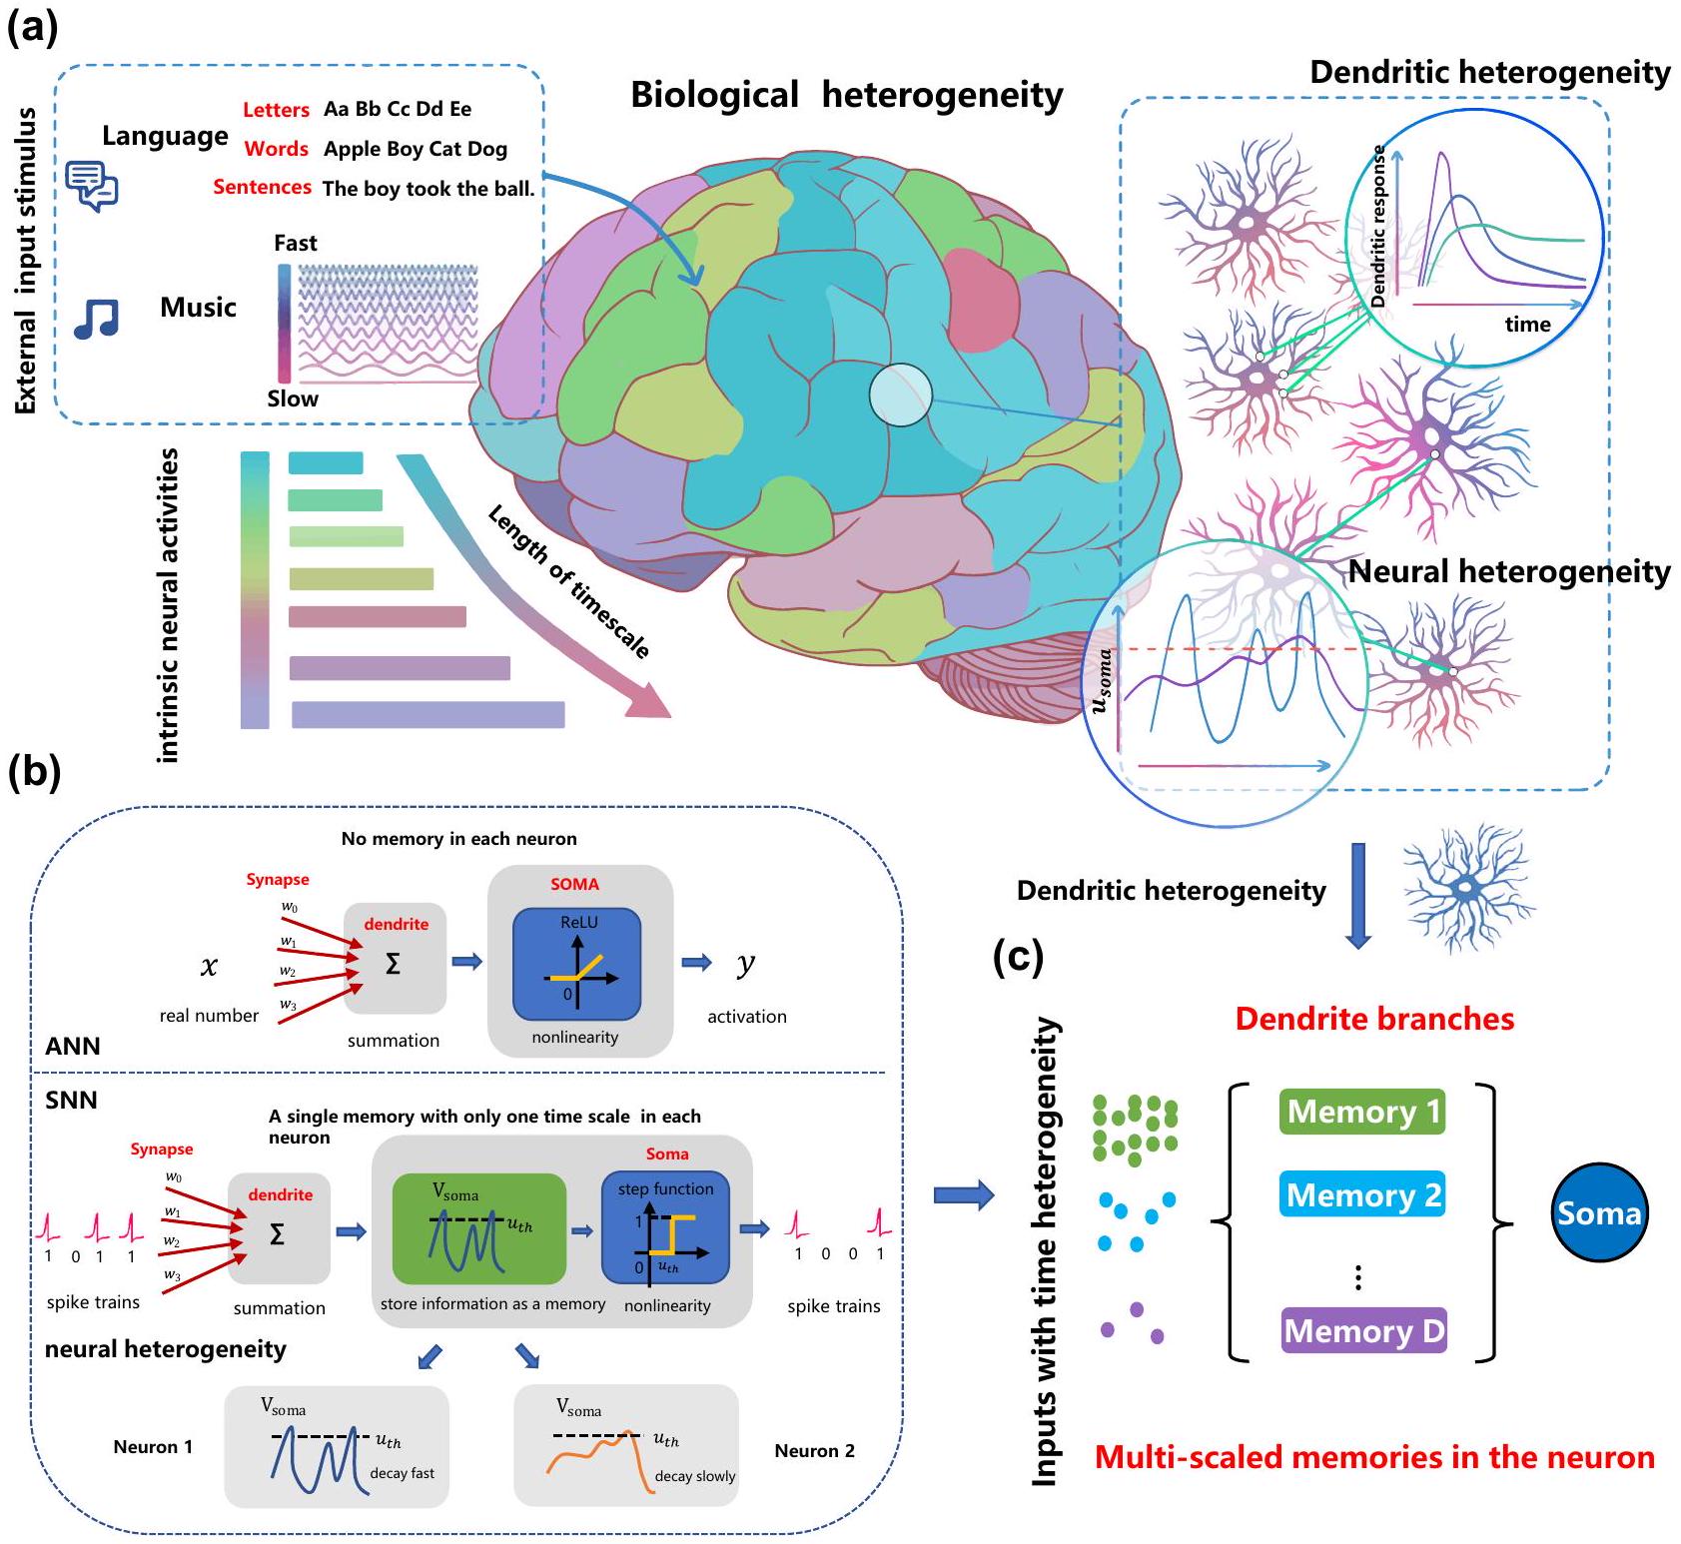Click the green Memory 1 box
click(1362, 1112)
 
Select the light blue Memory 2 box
click(1362, 1194)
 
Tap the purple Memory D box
click(1363, 1330)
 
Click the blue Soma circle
click(1598, 1212)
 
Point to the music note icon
click(97, 319)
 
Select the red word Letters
click(276, 110)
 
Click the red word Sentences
click(262, 188)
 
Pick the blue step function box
click(665, 1227)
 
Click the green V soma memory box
click(479, 1228)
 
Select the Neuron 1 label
click(153, 1447)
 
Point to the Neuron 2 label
click(814, 1451)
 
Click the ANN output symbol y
click(745, 964)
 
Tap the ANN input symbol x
click(209, 966)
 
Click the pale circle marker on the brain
click(900, 395)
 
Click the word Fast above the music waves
click(295, 244)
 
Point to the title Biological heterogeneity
click(846, 95)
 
